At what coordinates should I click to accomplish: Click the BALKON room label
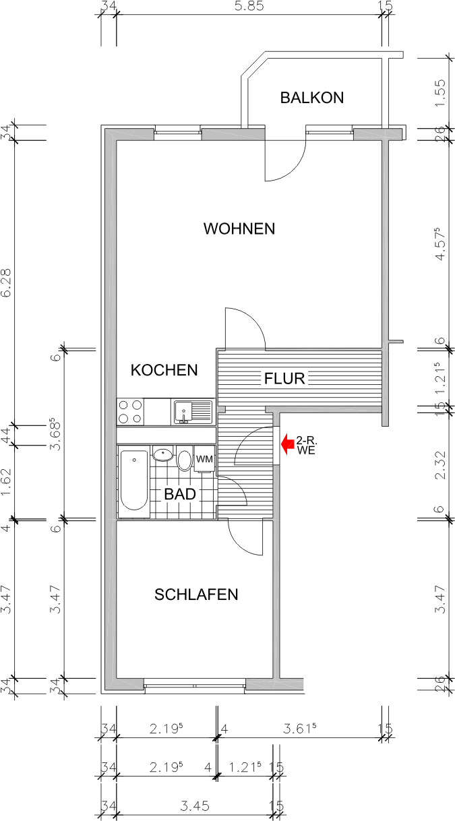pos(311,98)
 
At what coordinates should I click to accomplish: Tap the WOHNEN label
pos(239,229)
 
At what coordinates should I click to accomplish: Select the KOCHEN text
pos(164,370)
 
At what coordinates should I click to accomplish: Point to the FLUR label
pos(284,379)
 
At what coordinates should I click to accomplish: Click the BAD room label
pos(180,494)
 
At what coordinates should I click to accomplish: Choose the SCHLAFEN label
pos(196,595)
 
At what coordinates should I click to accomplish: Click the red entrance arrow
pos(286,444)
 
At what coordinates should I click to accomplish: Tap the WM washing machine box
pos(204,459)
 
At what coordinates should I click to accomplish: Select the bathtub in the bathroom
pos(134,481)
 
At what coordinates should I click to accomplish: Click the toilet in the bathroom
pos(185,460)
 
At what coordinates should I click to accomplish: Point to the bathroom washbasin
pos(162,455)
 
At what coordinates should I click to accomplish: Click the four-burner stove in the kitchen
pos(130,411)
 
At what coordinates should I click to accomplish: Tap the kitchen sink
pos(192,410)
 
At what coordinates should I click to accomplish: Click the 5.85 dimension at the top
pos(249,7)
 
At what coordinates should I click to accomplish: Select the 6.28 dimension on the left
pos(7,283)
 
